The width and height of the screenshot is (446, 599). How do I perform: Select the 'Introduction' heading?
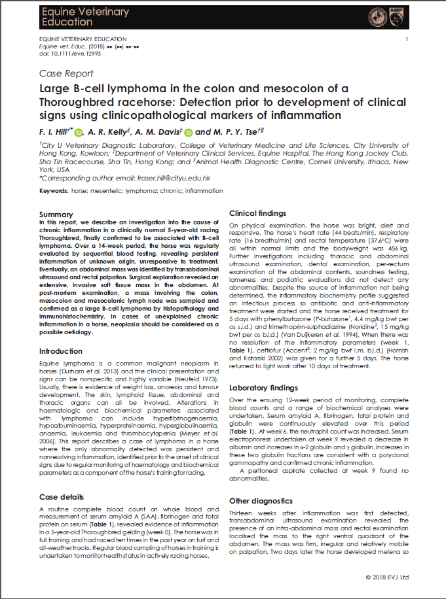click(61, 351)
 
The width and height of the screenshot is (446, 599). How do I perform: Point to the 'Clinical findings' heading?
click(257, 213)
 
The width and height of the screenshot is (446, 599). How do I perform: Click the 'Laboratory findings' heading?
click(263, 388)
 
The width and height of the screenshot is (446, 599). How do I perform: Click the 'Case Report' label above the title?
click(66, 74)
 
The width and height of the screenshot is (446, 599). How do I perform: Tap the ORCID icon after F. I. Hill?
click(79, 132)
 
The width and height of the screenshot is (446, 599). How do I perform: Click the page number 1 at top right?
click(407, 40)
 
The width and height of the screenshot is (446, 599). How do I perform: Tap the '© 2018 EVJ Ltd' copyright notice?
click(386, 577)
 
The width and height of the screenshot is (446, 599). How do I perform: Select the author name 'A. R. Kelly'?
click(109, 132)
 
